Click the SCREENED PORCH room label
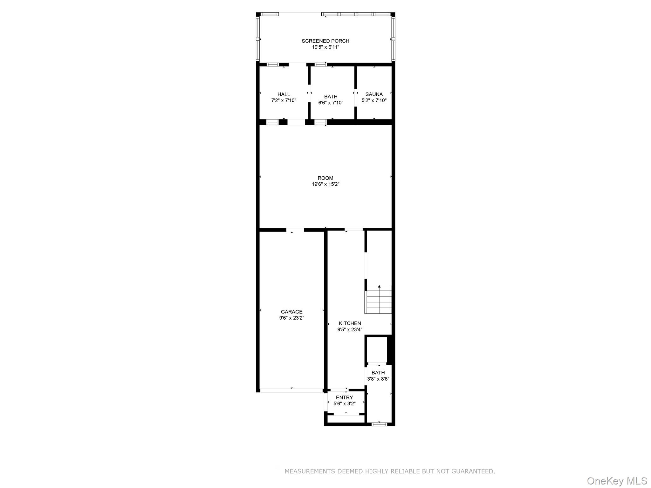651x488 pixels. [325, 41]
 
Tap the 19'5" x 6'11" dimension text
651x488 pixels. [325, 47]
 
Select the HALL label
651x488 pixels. [284, 94]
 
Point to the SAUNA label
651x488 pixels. [374, 94]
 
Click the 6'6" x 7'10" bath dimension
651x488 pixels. [331, 103]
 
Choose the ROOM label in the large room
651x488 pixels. [325, 178]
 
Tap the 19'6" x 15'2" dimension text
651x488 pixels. [325, 184]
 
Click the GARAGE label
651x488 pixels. [291, 312]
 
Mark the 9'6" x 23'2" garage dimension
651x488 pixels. [291, 318]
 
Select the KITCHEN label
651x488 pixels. [350, 323]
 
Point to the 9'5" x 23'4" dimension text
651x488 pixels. [350, 330]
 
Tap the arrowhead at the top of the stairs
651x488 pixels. [379, 287]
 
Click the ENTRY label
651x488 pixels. [344, 398]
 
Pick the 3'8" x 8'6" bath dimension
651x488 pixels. [378, 379]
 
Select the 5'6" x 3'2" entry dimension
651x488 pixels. [344, 404]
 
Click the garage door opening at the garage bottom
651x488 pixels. [291, 390]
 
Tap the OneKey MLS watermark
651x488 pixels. [617, 481]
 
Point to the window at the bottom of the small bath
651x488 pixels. [379, 424]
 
